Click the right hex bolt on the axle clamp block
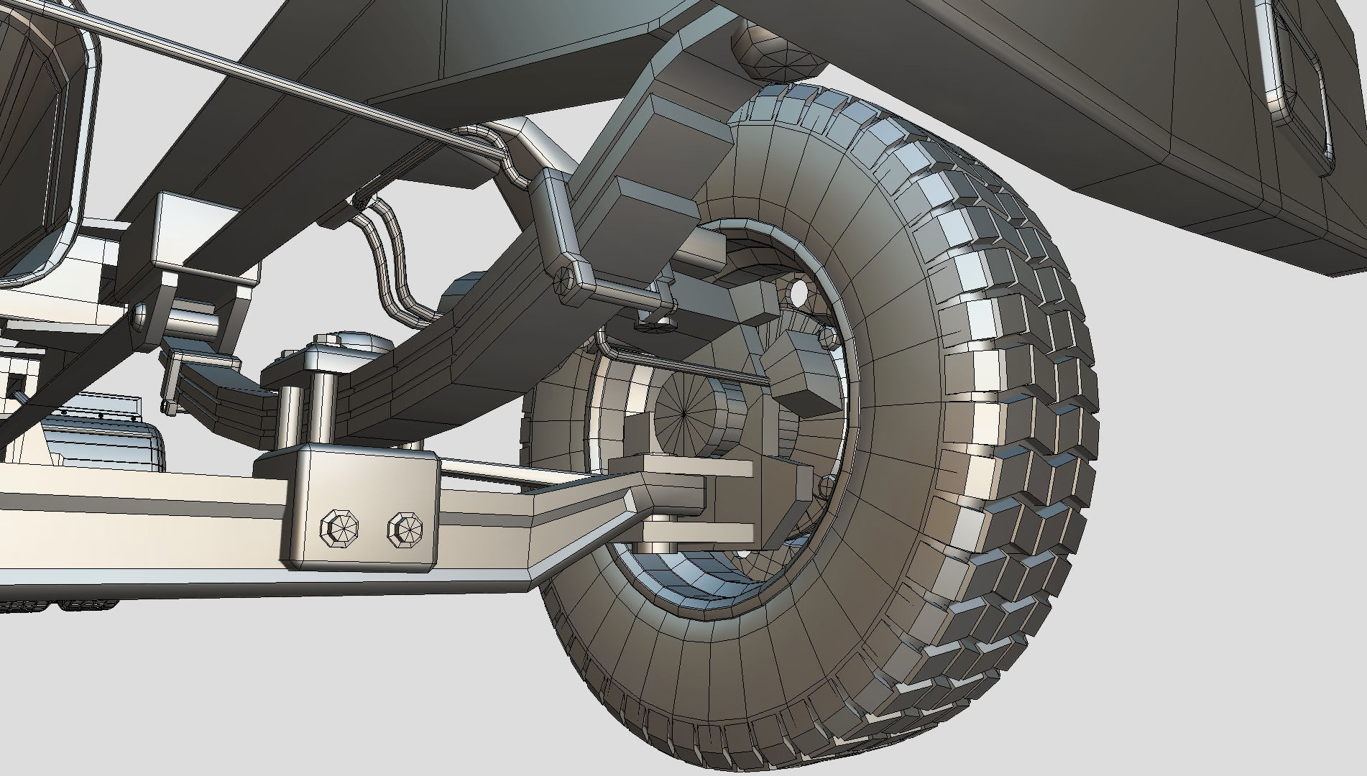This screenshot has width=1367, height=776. pyautogui.click(x=405, y=530)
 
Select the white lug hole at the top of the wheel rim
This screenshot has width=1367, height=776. pyautogui.click(x=797, y=291)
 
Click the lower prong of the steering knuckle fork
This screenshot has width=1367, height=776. pyautogui.click(x=697, y=532)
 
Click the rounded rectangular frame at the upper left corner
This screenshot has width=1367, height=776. pyautogui.click(x=50, y=144)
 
